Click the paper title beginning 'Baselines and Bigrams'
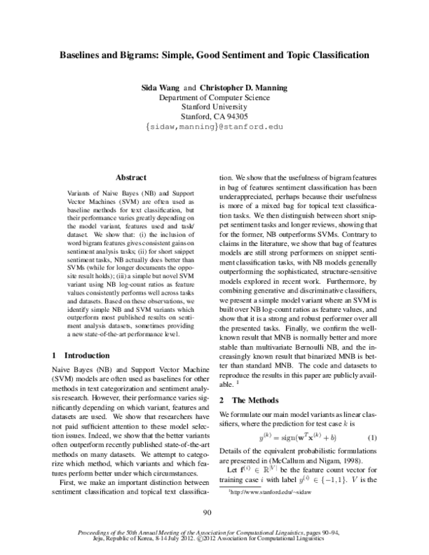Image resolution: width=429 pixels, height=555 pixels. pyautogui.click(x=214, y=54)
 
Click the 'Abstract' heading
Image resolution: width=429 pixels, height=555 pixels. pyautogui.click(x=131, y=177)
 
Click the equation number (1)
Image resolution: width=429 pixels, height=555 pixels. pyautogui.click(x=371, y=437)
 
